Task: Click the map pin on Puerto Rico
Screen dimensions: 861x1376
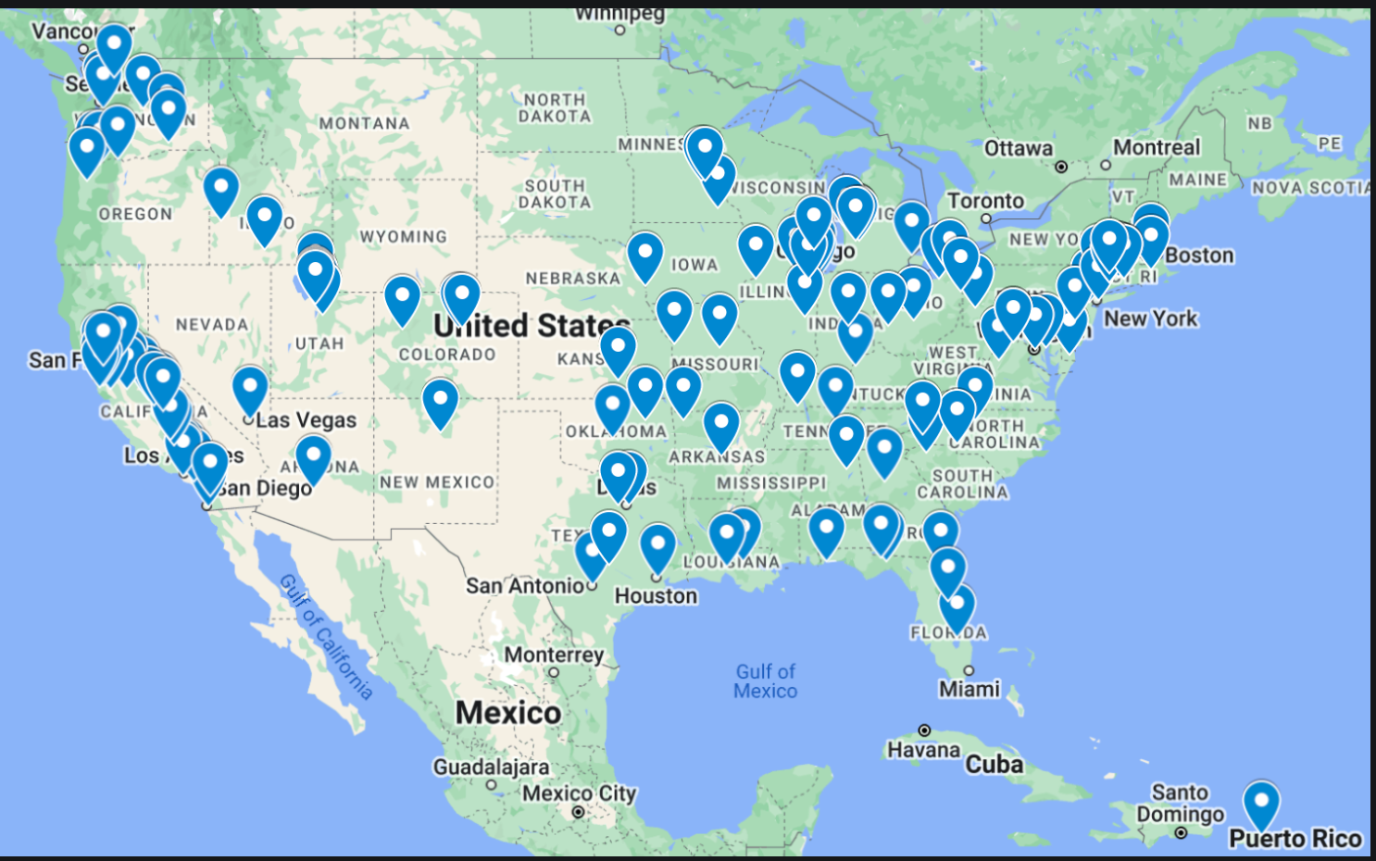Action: pyautogui.click(x=1261, y=803)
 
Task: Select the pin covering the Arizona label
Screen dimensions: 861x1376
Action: pyautogui.click(x=313, y=457)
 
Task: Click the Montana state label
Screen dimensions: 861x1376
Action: pyautogui.click(x=364, y=123)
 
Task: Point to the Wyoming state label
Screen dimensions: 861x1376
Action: pyautogui.click(x=403, y=237)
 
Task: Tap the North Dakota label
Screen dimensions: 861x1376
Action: pyautogui.click(x=554, y=107)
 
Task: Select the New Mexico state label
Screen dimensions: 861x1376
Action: pyautogui.click(x=437, y=482)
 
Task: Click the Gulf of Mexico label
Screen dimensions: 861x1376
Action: pyautogui.click(x=765, y=681)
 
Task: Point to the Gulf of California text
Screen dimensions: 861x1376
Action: pyautogui.click(x=326, y=636)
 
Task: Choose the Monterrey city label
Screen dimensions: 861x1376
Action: pyautogui.click(x=554, y=655)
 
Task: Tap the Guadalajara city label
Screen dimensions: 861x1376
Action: pyautogui.click(x=491, y=767)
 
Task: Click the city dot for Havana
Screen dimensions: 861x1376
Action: pyautogui.click(x=924, y=730)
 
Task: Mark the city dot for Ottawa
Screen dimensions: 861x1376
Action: pyautogui.click(x=1061, y=167)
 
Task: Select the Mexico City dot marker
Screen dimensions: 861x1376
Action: pyautogui.click(x=579, y=812)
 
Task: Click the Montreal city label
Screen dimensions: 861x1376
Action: pyautogui.click(x=1157, y=148)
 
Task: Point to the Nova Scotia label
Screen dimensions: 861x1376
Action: pyautogui.click(x=1310, y=188)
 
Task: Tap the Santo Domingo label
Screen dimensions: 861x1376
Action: pyautogui.click(x=1180, y=804)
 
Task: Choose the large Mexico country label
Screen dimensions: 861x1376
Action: pyautogui.click(x=507, y=713)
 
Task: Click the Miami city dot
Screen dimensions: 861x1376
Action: pyautogui.click(x=969, y=670)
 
